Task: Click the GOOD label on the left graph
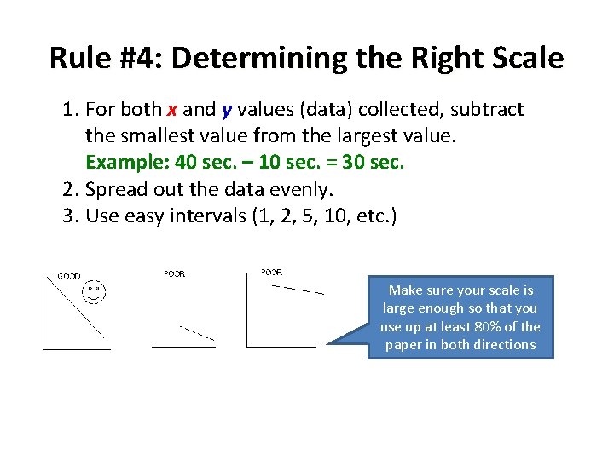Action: pos(68,276)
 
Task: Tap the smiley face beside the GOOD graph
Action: pos(94,293)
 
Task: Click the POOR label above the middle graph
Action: pos(174,273)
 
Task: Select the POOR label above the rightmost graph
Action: pos(271,272)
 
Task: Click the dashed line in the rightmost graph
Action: pos(295,290)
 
